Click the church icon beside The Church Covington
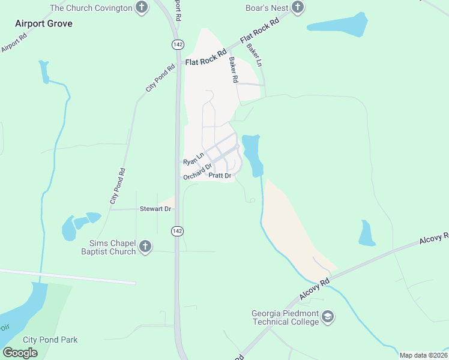coord(141,8)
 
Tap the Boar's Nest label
coord(267,8)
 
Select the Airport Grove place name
coord(44,23)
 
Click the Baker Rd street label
coord(234,70)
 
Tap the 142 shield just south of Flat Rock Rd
coord(177,45)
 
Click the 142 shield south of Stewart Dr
coord(177,231)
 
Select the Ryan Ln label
coord(193,159)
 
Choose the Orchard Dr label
coord(197,172)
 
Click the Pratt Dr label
coord(220,176)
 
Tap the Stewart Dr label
coord(155,209)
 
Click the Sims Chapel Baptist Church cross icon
coord(145,247)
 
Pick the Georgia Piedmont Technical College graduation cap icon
coord(328,316)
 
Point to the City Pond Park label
coord(50,340)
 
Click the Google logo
coord(20,352)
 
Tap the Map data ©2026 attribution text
coord(423,355)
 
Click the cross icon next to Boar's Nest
coord(298,8)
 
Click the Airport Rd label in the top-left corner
coord(14,41)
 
